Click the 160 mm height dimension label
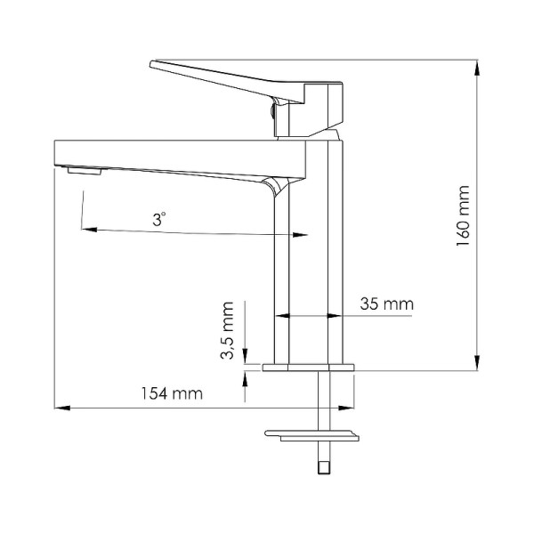click(x=462, y=218)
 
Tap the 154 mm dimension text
click(x=169, y=392)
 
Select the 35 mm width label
click(x=387, y=303)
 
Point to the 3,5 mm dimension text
click(x=228, y=331)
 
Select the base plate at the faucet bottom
click(x=309, y=367)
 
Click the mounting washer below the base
click(x=311, y=434)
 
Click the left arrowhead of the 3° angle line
click(x=86, y=229)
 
